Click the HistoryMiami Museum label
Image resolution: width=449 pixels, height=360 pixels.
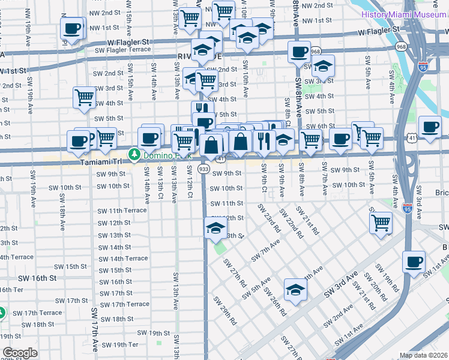click(x=404, y=14)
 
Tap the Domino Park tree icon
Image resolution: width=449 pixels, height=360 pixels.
click(x=134, y=155)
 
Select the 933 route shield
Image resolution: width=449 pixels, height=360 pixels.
click(x=204, y=170)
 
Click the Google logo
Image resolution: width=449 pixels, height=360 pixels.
click(x=20, y=353)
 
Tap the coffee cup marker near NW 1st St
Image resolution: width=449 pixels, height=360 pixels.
click(x=72, y=28)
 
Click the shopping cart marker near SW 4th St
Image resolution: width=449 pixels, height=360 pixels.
click(x=84, y=97)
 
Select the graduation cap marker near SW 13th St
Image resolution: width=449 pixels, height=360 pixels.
click(x=215, y=229)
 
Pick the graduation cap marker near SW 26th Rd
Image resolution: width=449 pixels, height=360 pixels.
click(x=295, y=290)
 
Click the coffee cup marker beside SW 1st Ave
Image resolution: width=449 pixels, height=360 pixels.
click(x=415, y=262)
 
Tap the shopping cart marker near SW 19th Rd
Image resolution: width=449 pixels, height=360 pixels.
click(x=381, y=223)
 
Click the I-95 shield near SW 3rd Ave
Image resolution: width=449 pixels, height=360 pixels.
click(x=408, y=209)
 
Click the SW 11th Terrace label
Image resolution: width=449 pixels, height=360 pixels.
click(x=122, y=211)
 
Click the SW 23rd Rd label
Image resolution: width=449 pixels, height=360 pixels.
click(x=269, y=218)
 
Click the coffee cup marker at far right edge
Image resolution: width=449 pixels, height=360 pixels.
click(x=430, y=127)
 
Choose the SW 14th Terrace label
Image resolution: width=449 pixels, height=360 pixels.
click(x=123, y=258)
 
